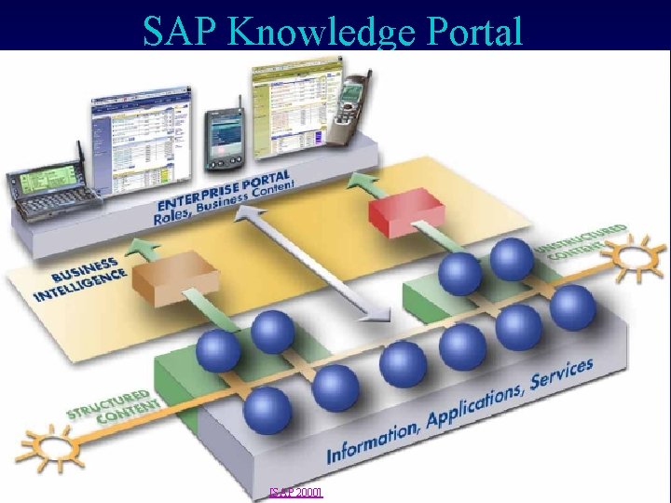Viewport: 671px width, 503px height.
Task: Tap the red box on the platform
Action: [x=406, y=213]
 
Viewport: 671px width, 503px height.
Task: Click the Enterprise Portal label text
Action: [x=224, y=190]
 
